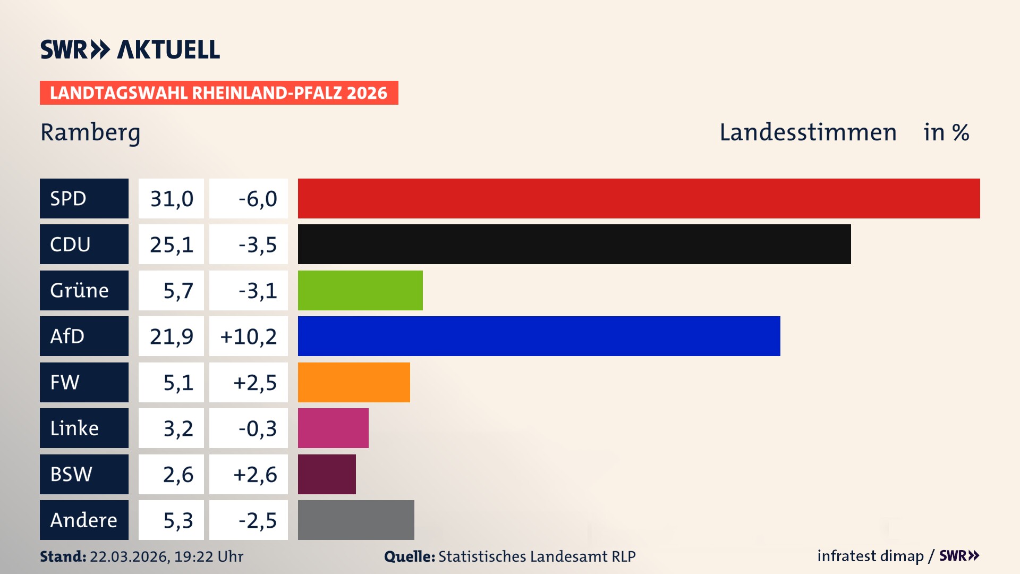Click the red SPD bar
pyautogui.click(x=639, y=198)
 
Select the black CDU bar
pyautogui.click(x=574, y=244)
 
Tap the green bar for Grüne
pyautogui.click(x=360, y=290)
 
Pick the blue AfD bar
pyautogui.click(x=539, y=336)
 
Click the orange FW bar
pyautogui.click(x=354, y=382)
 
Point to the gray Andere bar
pyautogui.click(x=356, y=520)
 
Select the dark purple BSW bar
pyautogui.click(x=327, y=474)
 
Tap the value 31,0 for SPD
pyautogui.click(x=171, y=199)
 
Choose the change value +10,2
pyautogui.click(x=249, y=336)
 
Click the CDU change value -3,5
pyautogui.click(x=257, y=244)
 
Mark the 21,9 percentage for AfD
pyautogui.click(x=171, y=336)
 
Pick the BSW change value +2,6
pyautogui.click(x=255, y=474)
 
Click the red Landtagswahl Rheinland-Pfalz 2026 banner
pyautogui.click(x=219, y=93)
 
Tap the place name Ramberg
pyautogui.click(x=90, y=132)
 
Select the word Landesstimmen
pyautogui.click(x=807, y=132)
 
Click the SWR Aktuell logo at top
pyautogui.click(x=130, y=49)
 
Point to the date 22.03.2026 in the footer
pyautogui.click(x=129, y=556)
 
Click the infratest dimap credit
pyautogui.click(x=870, y=556)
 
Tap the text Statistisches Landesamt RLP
pyautogui.click(x=537, y=556)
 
